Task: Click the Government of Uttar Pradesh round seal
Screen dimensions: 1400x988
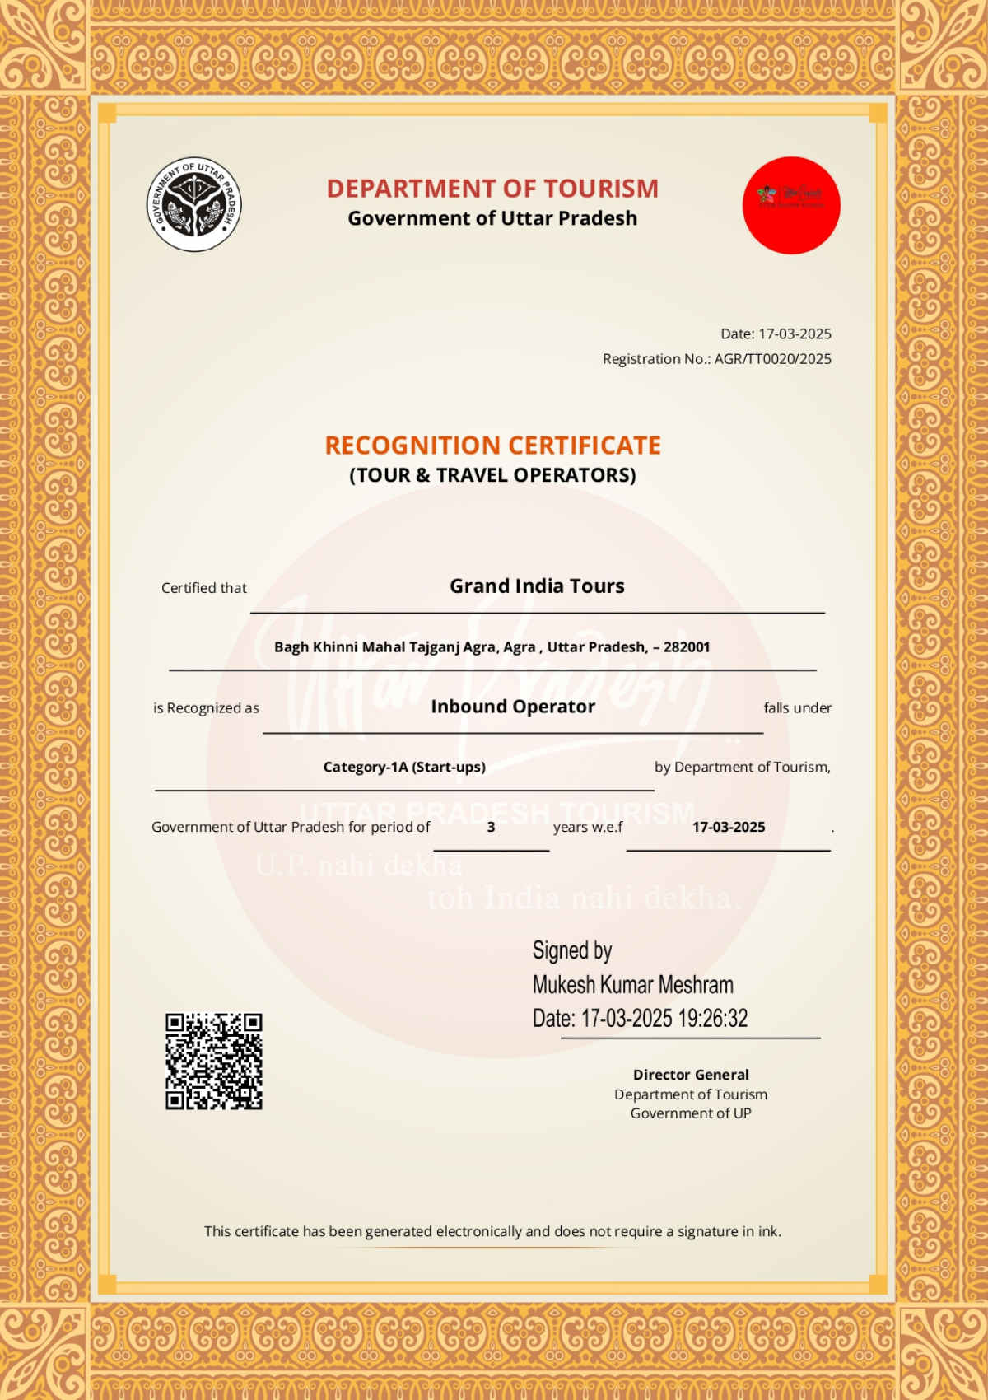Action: (194, 204)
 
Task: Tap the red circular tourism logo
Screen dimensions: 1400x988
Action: (791, 205)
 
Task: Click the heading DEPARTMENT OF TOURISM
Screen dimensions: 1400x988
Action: (492, 189)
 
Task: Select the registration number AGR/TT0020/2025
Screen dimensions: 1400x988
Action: (772, 359)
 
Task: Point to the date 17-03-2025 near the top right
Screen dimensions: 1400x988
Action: (795, 334)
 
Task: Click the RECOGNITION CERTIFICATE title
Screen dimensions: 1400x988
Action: (492, 446)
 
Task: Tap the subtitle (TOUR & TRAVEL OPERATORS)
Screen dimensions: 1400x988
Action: (492, 475)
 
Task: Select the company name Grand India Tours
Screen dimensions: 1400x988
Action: (537, 586)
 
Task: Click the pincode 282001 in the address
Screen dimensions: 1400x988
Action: (687, 647)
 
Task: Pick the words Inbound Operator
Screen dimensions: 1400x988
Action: (513, 707)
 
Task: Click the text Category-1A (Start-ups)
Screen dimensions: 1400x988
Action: (404, 767)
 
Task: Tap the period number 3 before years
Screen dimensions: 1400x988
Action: (491, 827)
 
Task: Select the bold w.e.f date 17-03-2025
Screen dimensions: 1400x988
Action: (729, 827)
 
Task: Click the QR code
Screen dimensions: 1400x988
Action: (214, 1062)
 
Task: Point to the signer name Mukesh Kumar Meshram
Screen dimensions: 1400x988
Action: (632, 985)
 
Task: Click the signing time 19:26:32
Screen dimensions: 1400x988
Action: (713, 1019)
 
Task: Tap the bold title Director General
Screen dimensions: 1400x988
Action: (691, 1075)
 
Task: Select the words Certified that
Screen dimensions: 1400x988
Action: (204, 588)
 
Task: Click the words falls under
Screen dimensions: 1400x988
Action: (797, 708)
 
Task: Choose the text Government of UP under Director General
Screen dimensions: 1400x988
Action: (691, 1113)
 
